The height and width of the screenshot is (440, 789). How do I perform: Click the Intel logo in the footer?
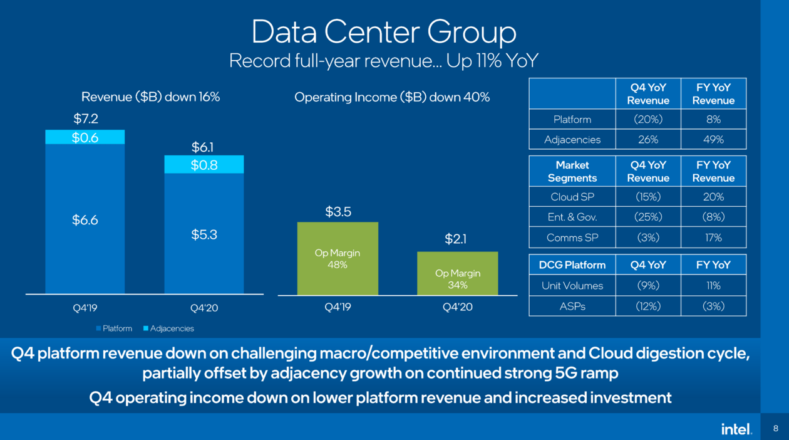pos(736,429)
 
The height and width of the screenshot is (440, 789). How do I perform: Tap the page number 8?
pos(775,429)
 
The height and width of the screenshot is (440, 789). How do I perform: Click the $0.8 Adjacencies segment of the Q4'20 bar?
pos(204,165)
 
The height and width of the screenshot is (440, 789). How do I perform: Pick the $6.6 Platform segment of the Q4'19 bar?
pos(85,220)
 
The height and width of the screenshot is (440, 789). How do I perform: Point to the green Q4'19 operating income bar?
pos(338,258)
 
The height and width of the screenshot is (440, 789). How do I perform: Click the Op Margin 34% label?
pos(458,280)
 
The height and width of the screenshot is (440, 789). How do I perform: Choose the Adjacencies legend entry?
pos(168,328)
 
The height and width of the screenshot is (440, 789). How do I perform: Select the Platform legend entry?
pos(114,328)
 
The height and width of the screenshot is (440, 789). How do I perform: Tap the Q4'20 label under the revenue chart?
pos(204,308)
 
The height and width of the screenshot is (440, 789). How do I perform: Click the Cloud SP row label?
pos(572,197)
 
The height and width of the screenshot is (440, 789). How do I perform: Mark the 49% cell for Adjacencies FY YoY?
pos(713,140)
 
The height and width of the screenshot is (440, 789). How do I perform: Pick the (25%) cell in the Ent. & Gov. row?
pos(648,217)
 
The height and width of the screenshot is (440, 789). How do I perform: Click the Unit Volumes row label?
pos(572,286)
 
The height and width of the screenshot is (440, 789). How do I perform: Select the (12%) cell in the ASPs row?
pos(648,306)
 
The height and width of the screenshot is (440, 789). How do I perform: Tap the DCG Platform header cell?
pos(572,265)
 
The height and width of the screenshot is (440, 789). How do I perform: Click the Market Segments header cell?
pos(572,171)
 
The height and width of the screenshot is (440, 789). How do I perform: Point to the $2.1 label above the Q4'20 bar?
pos(456,239)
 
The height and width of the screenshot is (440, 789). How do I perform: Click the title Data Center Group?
pos(384,31)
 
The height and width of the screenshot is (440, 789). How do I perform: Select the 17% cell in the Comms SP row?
pos(713,238)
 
